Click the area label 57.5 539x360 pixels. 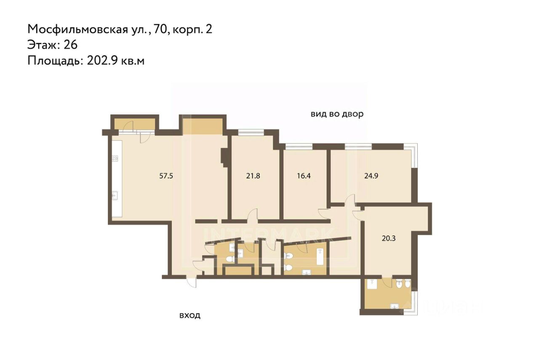(x=166, y=176)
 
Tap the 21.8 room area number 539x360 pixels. (x=253, y=176)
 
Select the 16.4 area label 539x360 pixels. (x=304, y=176)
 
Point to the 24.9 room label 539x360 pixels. (x=371, y=176)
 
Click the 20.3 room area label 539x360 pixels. (x=389, y=238)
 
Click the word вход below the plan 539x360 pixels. (x=190, y=315)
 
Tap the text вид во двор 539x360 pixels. (x=337, y=114)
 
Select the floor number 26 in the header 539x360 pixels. (x=70, y=45)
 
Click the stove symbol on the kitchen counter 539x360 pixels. (x=115, y=158)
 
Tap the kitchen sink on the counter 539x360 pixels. (x=115, y=195)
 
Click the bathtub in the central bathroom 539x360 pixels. (x=320, y=256)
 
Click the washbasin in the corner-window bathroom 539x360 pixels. (x=395, y=306)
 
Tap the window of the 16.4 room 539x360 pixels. (x=299, y=146)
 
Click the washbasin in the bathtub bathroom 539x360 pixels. (x=307, y=272)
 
